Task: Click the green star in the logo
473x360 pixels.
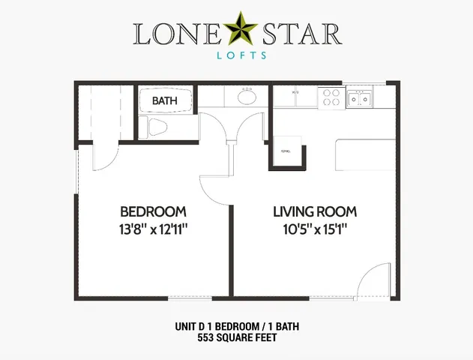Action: [238, 31]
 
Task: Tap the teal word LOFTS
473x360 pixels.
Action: [237, 55]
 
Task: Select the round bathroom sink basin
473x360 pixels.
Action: [247, 97]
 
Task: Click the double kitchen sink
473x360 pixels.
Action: [359, 98]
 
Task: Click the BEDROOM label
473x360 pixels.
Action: [153, 211]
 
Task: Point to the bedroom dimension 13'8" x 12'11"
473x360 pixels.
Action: [153, 229]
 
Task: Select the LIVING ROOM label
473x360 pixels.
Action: [314, 211]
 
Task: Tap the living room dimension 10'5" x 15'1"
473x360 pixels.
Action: [314, 229]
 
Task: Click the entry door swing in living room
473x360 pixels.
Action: [373, 283]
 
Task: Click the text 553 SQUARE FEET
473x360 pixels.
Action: [237, 339]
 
